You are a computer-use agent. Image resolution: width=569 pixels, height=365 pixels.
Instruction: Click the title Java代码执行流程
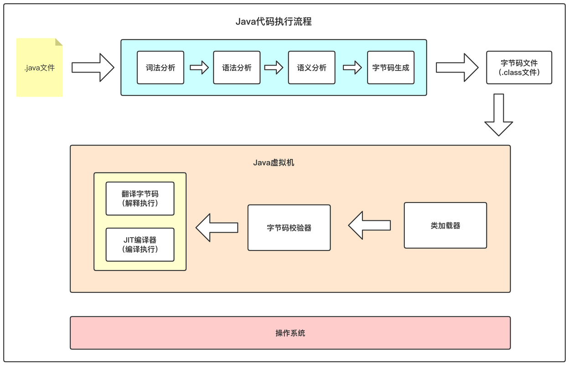(274, 21)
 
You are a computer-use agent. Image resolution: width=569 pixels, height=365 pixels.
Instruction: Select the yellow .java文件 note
(40, 68)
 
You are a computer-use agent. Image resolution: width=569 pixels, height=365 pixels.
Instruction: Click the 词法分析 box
(160, 68)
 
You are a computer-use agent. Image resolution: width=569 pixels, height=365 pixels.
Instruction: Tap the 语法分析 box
(237, 68)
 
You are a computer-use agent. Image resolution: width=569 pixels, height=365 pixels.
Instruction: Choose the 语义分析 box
(312, 68)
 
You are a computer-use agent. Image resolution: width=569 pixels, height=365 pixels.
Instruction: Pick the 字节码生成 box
(391, 68)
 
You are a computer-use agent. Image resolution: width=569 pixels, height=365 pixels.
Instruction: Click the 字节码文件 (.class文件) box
(519, 68)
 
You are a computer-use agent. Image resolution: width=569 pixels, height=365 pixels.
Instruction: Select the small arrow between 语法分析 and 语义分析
(274, 68)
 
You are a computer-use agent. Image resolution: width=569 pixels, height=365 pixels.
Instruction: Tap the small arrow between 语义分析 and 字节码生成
(352, 68)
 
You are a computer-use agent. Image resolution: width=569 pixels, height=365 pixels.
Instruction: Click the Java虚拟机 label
(274, 162)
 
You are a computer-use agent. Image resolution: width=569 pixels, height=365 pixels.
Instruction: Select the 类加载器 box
(445, 225)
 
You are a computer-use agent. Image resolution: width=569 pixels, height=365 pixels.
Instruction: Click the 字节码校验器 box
(289, 228)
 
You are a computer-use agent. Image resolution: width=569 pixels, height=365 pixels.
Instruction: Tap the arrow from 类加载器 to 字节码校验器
(369, 225)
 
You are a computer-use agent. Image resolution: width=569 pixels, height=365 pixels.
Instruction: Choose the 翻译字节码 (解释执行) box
(140, 198)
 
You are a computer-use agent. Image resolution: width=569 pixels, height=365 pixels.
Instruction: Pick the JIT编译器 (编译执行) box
(140, 245)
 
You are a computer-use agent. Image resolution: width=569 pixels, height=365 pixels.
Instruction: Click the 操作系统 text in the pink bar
(290, 333)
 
